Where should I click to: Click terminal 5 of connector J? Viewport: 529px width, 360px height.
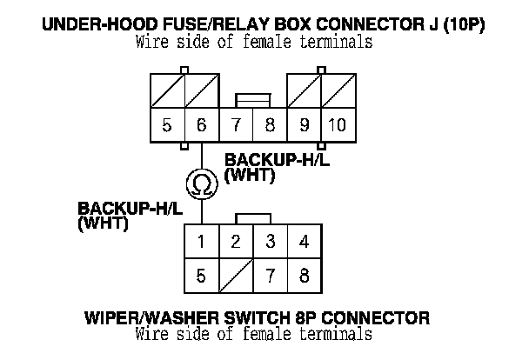[166, 125]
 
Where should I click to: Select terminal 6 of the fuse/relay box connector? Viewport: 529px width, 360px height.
[201, 125]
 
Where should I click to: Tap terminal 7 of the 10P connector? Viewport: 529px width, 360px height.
[236, 125]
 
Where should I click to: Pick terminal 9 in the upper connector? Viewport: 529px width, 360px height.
[304, 125]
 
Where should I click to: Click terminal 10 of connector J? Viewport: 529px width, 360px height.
[337, 125]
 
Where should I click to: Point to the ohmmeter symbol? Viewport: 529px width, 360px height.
[201, 183]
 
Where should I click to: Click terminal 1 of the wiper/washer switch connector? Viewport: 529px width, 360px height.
[201, 242]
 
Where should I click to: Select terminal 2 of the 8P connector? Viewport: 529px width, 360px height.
[236, 242]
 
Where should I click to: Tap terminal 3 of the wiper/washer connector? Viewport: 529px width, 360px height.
[270, 242]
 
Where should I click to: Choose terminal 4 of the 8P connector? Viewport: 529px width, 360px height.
[304, 242]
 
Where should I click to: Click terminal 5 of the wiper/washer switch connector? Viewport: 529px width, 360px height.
[201, 277]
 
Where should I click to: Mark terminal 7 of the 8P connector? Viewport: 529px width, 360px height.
[270, 277]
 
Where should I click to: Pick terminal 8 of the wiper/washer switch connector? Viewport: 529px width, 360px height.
[304, 277]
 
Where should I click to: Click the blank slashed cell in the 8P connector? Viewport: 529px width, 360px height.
[236, 277]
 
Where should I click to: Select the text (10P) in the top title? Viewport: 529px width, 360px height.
[459, 25]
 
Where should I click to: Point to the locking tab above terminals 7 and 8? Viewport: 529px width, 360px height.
[252, 102]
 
